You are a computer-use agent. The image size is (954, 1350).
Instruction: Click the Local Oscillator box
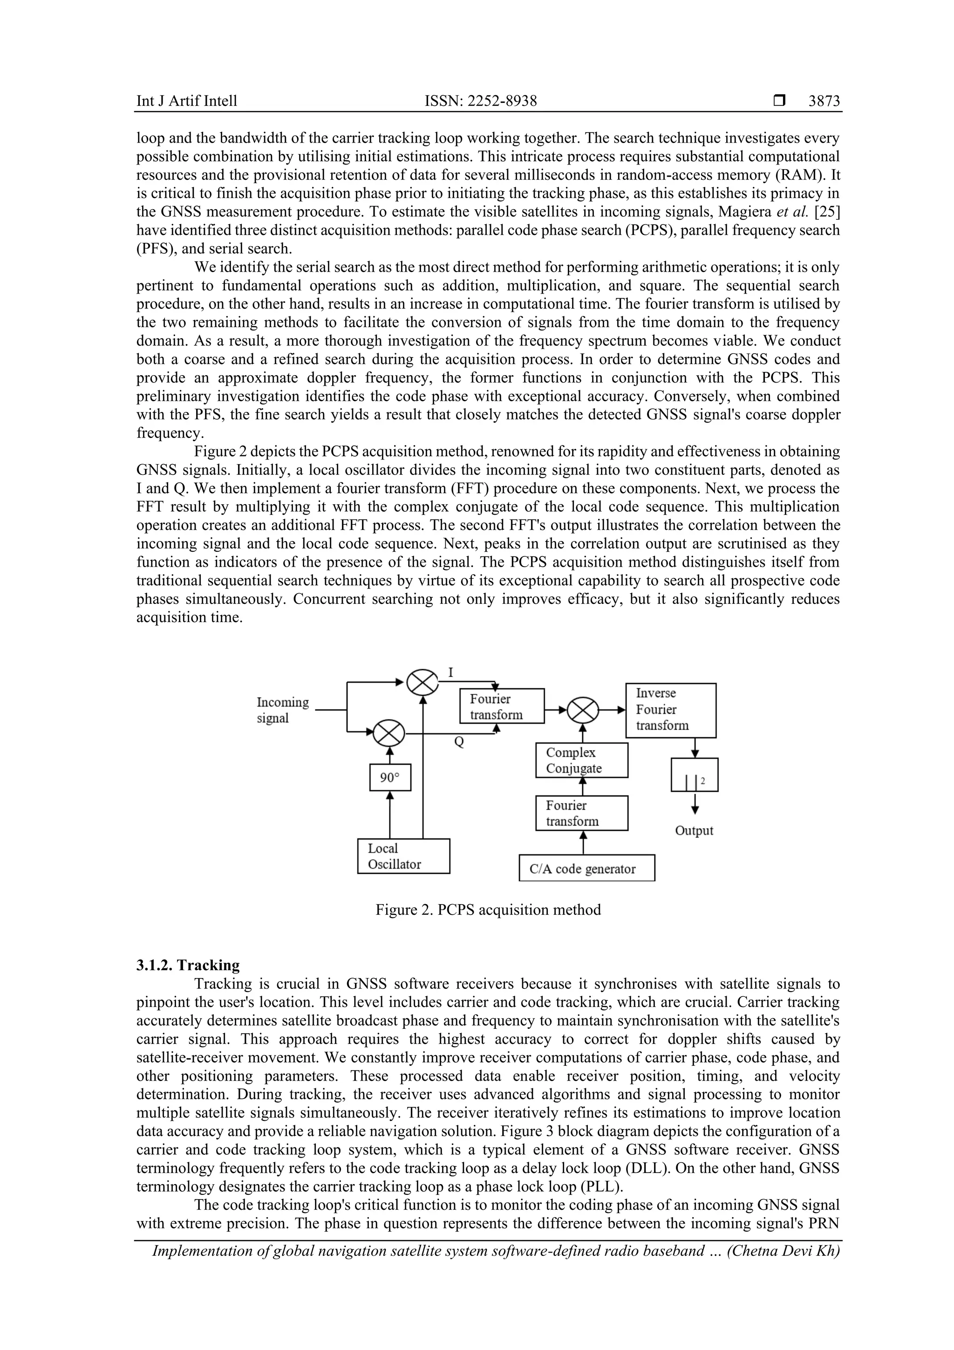point(403,856)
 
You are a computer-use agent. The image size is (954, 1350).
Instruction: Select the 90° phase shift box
point(390,777)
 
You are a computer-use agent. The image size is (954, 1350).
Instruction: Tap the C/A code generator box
point(586,869)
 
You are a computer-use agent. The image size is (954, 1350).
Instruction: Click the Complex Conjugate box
point(581,760)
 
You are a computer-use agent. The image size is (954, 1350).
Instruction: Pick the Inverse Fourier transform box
point(670,710)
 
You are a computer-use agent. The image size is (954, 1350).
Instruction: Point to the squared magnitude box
point(694,775)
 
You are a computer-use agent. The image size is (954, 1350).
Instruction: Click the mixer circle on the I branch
point(422,683)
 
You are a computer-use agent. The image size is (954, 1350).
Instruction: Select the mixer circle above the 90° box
point(390,733)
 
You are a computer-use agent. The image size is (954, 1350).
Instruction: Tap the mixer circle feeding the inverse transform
point(583,710)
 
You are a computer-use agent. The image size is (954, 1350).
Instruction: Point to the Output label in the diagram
point(694,831)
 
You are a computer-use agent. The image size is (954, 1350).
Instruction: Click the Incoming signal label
point(282,710)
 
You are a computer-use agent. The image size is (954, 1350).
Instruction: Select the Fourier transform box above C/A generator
point(581,813)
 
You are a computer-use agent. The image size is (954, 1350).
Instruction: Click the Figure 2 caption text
point(488,910)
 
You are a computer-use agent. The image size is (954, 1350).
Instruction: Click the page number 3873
point(824,101)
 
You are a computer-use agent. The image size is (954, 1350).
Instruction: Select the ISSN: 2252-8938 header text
point(480,101)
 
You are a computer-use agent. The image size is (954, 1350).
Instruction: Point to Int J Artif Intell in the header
point(187,101)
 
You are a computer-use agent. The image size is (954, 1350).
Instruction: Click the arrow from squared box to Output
point(695,802)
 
